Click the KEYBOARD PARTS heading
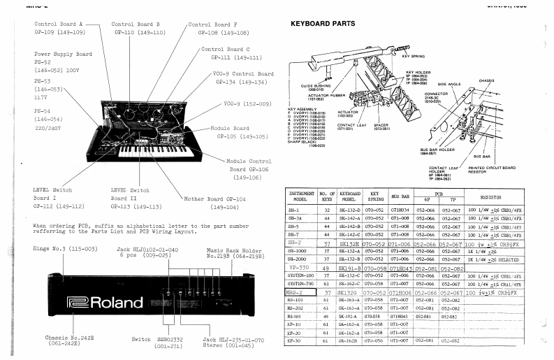pos(322,24)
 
